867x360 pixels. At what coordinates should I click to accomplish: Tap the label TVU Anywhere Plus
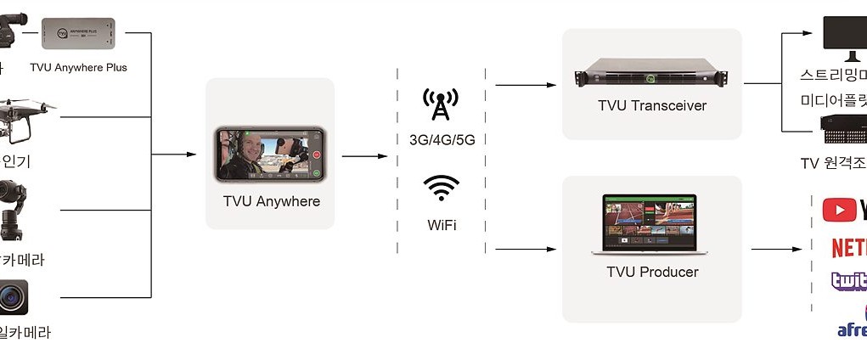pos(78,67)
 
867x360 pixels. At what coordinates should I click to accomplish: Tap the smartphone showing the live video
pos(270,153)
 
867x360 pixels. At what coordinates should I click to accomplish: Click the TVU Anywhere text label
pos(271,202)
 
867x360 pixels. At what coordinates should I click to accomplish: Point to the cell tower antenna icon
pos(440,104)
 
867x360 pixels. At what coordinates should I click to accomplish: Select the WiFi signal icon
pos(441,188)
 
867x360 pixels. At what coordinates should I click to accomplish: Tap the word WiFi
pos(441,226)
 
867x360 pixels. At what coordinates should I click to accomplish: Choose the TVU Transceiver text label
pos(651,106)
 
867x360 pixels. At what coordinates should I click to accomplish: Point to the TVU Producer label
pos(652,273)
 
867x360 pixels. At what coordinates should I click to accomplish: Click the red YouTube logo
pos(843,210)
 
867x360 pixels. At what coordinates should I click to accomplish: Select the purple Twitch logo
pos(848,281)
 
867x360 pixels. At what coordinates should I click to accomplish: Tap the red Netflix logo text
pos(848,247)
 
